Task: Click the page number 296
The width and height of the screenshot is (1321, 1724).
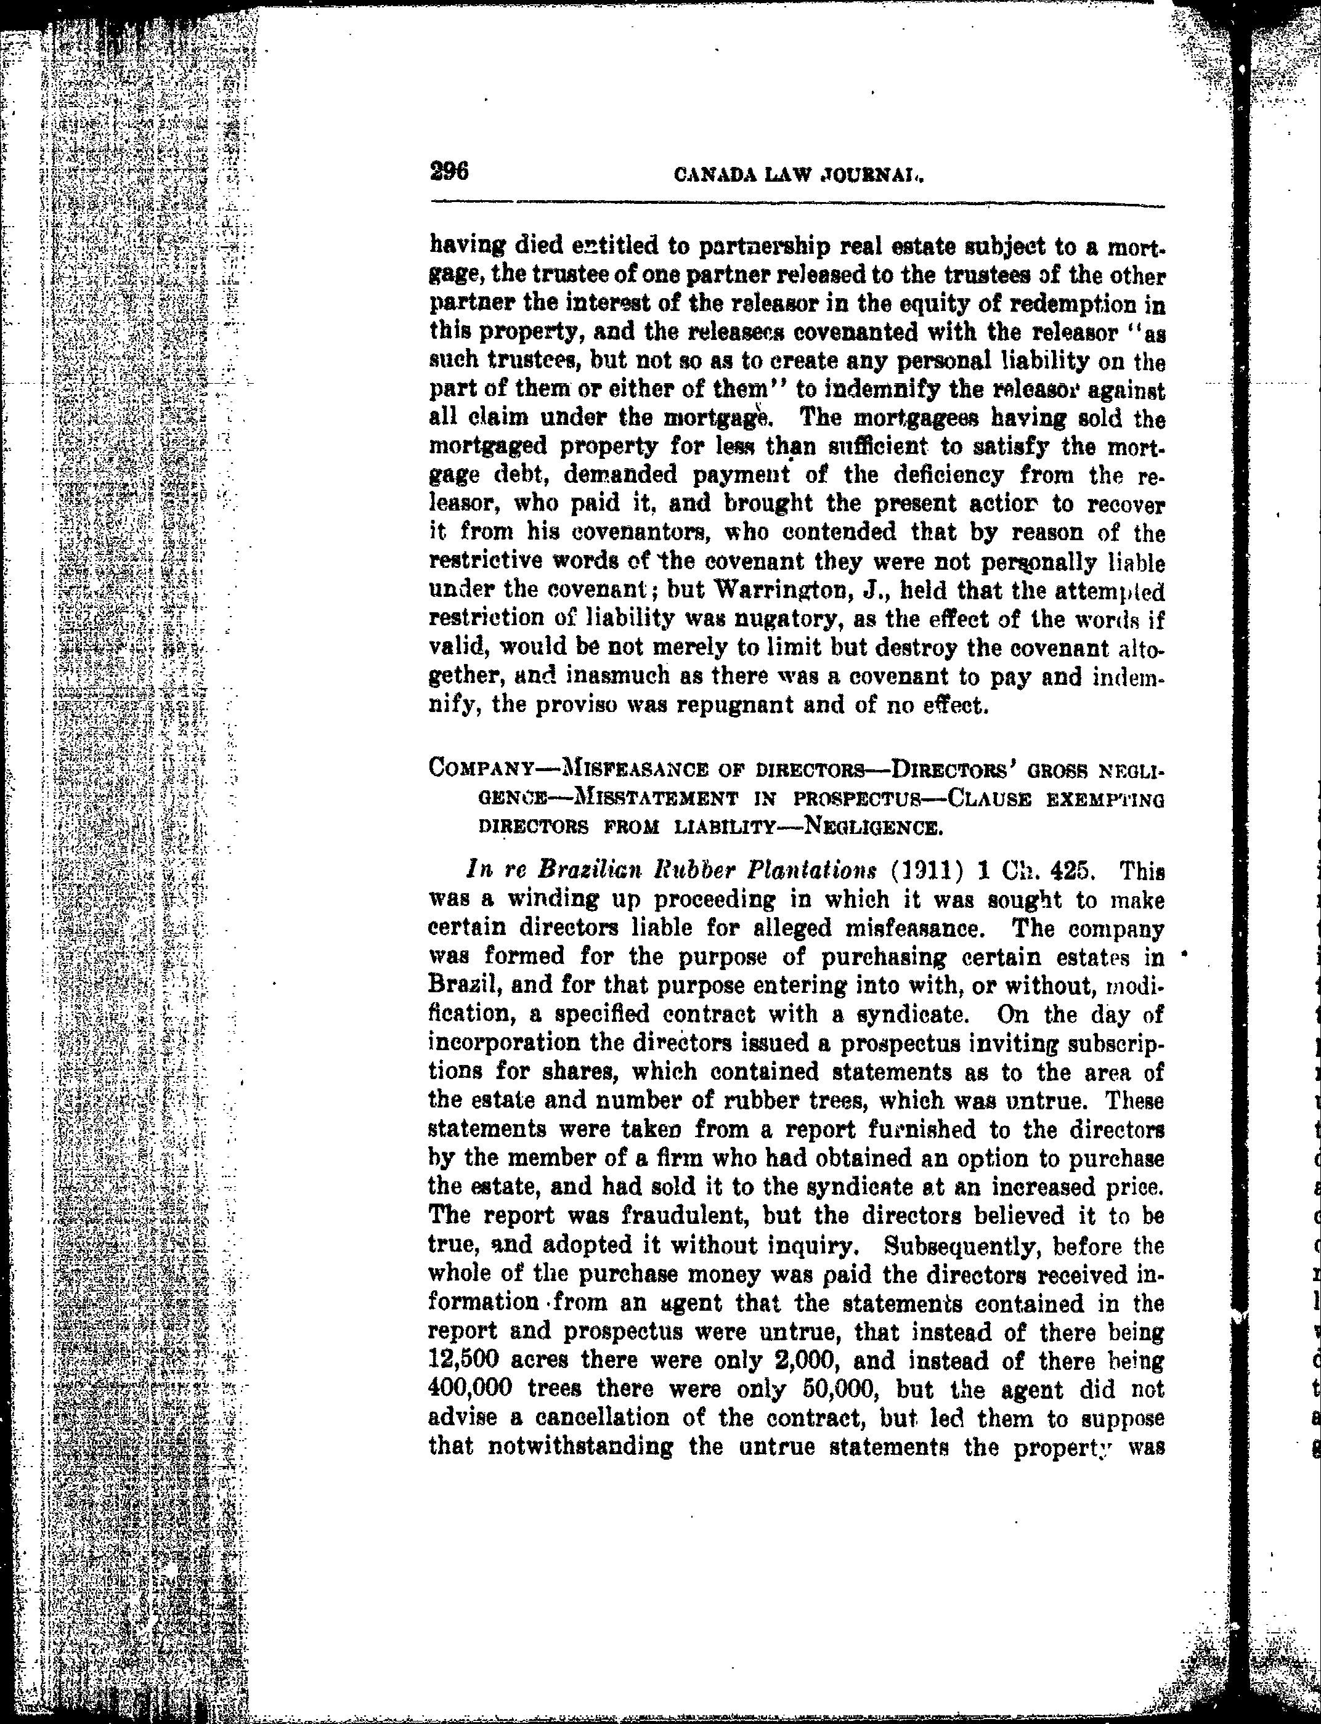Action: coord(449,171)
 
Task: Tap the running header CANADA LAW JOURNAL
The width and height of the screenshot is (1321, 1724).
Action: coord(798,176)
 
